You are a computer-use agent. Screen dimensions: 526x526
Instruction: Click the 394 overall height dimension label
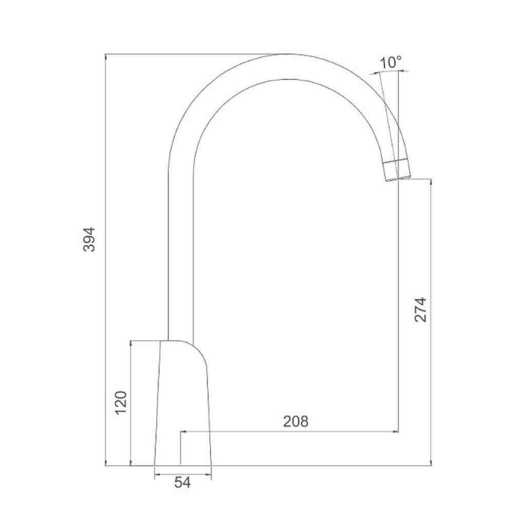[x=89, y=239]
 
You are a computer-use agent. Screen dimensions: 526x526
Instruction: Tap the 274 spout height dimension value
[x=420, y=310]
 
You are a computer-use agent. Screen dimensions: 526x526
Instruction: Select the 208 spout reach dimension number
[x=295, y=421]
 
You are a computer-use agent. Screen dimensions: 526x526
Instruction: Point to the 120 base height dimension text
[x=121, y=403]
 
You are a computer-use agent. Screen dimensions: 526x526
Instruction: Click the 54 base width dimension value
[x=182, y=483]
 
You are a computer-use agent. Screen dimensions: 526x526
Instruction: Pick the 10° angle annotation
[x=390, y=62]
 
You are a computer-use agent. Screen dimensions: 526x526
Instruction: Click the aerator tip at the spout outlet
[x=397, y=170]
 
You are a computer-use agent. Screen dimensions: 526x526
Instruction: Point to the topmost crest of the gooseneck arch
[x=288, y=54]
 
